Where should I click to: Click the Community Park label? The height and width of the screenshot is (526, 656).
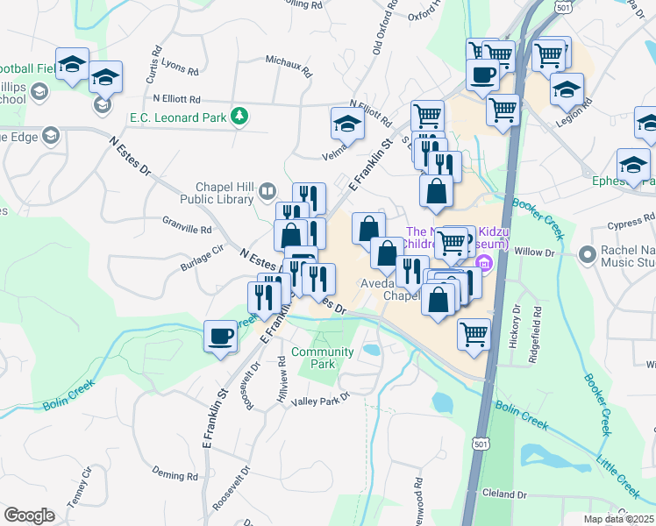(322, 358)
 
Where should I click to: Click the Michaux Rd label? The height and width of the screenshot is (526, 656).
(289, 67)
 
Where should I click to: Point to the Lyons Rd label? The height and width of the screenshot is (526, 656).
(179, 66)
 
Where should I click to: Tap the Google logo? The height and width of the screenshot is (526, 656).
(29, 515)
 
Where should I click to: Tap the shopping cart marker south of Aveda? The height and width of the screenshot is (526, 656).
(474, 334)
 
